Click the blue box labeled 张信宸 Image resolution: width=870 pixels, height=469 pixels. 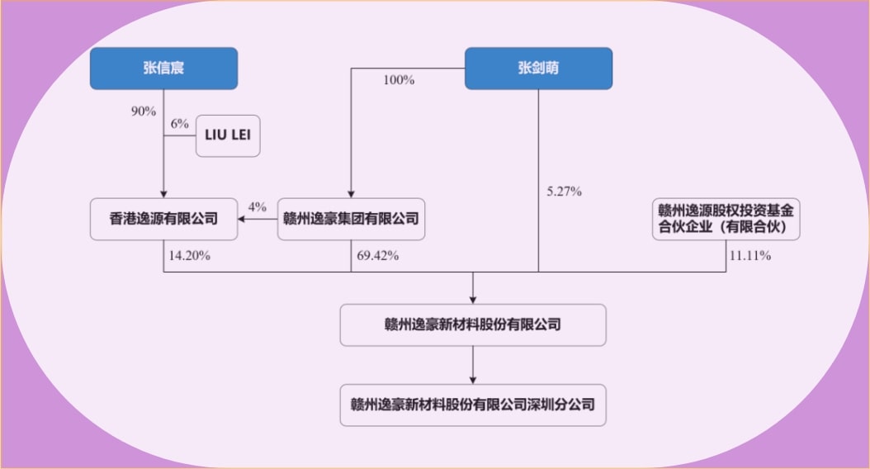(163, 69)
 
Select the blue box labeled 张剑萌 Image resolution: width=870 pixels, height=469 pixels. (538, 69)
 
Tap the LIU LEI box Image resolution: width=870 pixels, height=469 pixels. (227, 136)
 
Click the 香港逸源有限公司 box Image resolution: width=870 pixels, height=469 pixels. (163, 219)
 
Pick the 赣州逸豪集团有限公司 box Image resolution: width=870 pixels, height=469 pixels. (351, 219)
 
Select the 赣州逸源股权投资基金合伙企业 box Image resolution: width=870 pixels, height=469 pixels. (726, 218)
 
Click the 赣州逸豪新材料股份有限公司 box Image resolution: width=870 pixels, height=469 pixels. (473, 325)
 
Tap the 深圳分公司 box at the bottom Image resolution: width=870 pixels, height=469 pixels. (473, 405)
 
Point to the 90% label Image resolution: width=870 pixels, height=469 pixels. (143, 111)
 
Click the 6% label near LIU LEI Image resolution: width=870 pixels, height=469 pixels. (180, 123)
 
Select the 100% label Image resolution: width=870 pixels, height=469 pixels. (399, 80)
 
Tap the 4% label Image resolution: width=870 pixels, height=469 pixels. (258, 205)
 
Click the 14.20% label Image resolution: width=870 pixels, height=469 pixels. (189, 255)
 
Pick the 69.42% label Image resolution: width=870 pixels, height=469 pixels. (379, 255)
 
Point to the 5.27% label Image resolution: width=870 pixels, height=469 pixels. (565, 192)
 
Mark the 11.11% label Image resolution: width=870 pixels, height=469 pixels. (749, 255)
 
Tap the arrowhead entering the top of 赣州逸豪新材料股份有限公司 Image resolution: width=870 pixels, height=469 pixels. (473, 300)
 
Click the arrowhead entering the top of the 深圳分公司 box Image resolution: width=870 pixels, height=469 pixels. (473, 380)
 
